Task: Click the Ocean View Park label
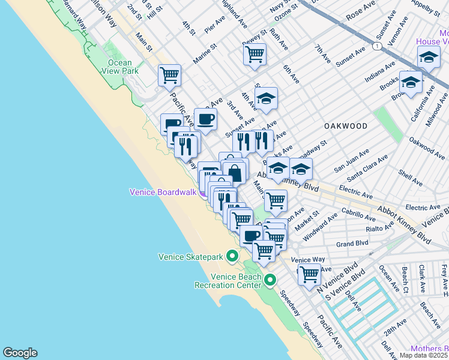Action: click(x=123, y=67)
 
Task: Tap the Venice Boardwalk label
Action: click(x=163, y=192)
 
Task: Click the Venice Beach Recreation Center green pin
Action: click(x=270, y=280)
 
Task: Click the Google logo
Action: click(x=20, y=353)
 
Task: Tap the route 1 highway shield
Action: click(x=376, y=46)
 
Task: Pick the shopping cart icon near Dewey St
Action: click(x=255, y=54)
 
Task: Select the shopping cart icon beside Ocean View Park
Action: click(x=169, y=75)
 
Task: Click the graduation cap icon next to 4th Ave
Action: click(x=266, y=98)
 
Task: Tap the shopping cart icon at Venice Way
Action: click(x=309, y=274)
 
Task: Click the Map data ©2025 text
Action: click(x=424, y=355)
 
